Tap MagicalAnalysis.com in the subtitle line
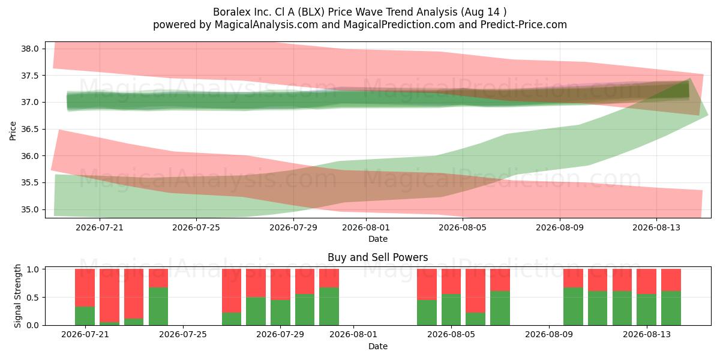click(x=266, y=25)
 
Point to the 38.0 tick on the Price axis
click(x=29, y=49)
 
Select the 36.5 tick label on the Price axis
click(x=29, y=129)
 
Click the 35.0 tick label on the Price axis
click(x=29, y=209)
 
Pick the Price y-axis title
click(x=13, y=131)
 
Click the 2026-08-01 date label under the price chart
click(x=366, y=227)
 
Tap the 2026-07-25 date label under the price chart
click(x=196, y=227)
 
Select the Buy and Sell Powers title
click(x=377, y=257)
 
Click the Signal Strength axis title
click(x=17, y=296)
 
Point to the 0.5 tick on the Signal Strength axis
click(x=32, y=298)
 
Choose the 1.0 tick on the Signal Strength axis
click(x=32, y=269)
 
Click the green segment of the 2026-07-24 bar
click(x=158, y=307)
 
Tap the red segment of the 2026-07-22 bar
click(x=109, y=295)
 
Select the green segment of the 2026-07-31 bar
click(x=329, y=307)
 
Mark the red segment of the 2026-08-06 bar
click(x=475, y=290)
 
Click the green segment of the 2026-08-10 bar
click(x=573, y=307)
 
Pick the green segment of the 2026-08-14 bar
click(x=671, y=308)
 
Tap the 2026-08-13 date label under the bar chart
click(x=647, y=334)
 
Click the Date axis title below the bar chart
click(x=377, y=346)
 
